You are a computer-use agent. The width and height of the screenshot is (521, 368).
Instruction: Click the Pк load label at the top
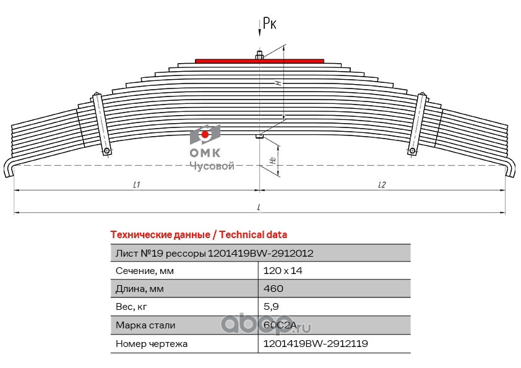tap(269, 24)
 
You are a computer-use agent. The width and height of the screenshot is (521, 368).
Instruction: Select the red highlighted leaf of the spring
tap(259, 61)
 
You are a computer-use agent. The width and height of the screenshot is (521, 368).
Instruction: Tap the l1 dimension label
tap(137, 185)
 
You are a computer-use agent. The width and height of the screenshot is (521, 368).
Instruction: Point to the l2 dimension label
tap(381, 185)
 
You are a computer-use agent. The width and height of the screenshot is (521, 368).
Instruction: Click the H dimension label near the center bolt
tap(278, 81)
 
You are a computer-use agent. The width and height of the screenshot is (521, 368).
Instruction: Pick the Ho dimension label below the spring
tap(273, 160)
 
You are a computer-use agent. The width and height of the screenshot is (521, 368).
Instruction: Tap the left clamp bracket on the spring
tap(101, 124)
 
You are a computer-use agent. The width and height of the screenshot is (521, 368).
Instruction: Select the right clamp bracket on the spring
tap(418, 124)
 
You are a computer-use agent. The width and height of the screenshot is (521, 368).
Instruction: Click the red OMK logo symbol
tap(205, 134)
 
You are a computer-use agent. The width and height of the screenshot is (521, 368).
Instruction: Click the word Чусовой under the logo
tap(211, 166)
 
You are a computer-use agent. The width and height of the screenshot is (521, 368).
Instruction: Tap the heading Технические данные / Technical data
tap(198, 234)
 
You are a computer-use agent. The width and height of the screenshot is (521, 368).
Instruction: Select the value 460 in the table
tap(273, 288)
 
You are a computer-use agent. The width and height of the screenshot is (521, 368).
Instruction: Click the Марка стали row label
tap(145, 325)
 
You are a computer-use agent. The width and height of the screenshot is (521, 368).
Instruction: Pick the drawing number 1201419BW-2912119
tap(316, 343)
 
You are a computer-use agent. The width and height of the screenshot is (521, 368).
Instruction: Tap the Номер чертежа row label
tap(151, 343)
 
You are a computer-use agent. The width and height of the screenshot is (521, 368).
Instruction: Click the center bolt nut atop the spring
tap(259, 56)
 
